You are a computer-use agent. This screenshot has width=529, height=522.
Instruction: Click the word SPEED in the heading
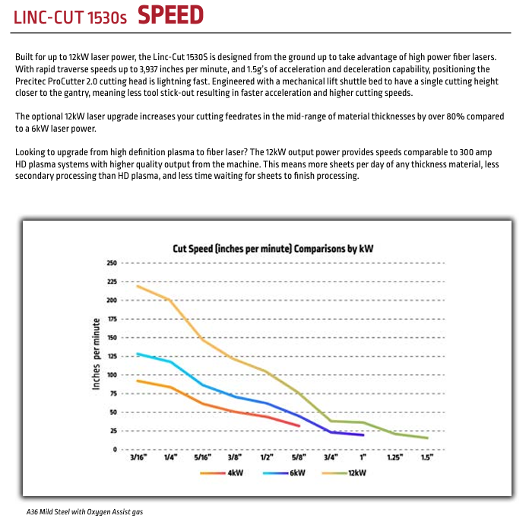coord(170,14)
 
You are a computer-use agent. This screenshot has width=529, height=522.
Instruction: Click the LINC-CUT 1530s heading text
coord(71,16)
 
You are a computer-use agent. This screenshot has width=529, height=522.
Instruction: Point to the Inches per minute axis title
coord(97,355)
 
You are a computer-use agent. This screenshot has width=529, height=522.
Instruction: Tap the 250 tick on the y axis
coord(111,263)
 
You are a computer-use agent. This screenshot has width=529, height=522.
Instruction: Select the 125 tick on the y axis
coord(111,356)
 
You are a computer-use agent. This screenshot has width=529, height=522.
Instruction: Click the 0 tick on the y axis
coord(114,450)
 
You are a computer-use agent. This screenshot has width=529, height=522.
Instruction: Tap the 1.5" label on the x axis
coord(427,458)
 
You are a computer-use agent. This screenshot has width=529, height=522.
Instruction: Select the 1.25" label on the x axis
coord(394,458)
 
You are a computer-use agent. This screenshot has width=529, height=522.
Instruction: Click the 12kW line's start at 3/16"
coord(137,286)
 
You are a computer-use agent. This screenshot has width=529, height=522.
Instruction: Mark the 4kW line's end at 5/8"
coord(299,426)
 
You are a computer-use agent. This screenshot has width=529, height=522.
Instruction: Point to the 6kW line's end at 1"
coord(363,434)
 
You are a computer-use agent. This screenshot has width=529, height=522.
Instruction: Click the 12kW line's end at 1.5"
coord(427,438)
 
